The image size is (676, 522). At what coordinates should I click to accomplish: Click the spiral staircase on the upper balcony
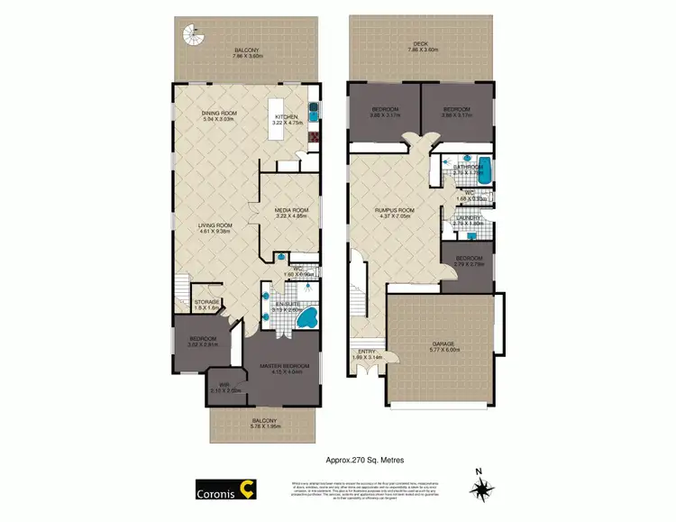pyautogui.click(x=192, y=36)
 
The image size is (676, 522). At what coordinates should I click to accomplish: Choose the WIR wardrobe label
pyautogui.click(x=218, y=387)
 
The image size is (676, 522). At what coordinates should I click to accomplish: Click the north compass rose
pyautogui.click(x=482, y=487)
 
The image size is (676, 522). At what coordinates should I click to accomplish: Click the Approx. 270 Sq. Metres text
pyautogui.click(x=364, y=460)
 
